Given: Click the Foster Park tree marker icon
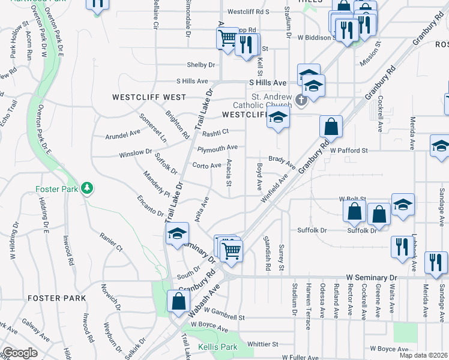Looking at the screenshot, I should point(88,189).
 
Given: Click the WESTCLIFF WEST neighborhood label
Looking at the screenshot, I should point(148,97).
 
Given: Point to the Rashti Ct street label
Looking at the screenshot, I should point(215,133).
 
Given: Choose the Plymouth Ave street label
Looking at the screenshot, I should point(217,148).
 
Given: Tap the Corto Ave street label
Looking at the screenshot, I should point(206,166).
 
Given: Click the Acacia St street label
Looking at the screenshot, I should point(229,176).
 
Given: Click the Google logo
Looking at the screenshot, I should point(20,353).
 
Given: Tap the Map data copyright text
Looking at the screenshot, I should point(423,355).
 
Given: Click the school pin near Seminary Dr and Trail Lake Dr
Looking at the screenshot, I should point(177,235).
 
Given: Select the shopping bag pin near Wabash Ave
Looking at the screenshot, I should point(178,302).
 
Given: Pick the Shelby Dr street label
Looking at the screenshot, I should point(203,65).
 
